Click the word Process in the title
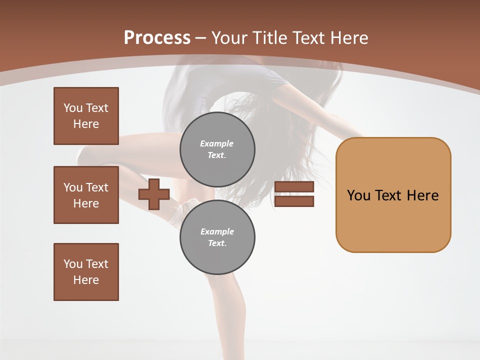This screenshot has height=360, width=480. click(157, 38)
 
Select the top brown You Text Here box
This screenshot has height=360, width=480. click(86, 116)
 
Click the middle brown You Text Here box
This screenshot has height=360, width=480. click(86, 195)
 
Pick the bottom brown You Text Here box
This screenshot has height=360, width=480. click(86, 272)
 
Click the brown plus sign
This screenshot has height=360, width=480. click(153, 194)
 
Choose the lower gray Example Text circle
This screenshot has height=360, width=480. click(217, 237)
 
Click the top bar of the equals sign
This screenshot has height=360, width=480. click(294, 187)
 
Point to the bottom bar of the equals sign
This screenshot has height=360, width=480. click(294, 201)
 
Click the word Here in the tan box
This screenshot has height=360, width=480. click(422, 195)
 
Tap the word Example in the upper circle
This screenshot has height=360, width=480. click(217, 143)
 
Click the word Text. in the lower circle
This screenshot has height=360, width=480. click(217, 243)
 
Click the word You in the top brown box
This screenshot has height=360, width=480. click(72, 108)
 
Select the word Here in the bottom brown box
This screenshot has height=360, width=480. click(86, 280)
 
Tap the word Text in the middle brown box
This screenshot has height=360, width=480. click(96, 187)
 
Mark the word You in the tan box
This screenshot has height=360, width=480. click(358, 195)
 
